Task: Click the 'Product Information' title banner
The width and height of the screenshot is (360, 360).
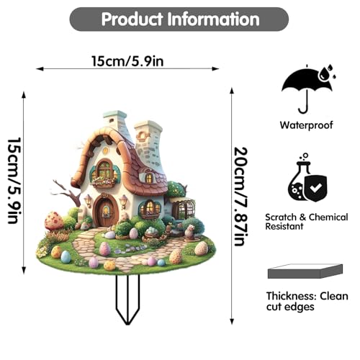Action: [179, 19]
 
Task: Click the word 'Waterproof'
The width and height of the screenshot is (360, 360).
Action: [307, 125]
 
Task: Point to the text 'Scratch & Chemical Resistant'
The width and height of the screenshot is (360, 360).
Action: [307, 222]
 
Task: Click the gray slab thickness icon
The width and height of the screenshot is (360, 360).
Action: [305, 271]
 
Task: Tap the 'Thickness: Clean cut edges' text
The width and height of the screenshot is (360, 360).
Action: [307, 302]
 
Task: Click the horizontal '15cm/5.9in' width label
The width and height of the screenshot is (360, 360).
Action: [127, 61]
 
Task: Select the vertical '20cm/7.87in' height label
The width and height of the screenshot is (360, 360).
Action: [240, 197]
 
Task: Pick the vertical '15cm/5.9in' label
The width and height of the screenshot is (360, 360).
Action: [14, 181]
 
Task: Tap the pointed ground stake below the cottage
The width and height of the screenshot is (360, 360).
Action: [127, 300]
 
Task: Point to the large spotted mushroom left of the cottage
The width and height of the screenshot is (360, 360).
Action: [54, 221]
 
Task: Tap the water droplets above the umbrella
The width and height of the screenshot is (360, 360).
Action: [327, 73]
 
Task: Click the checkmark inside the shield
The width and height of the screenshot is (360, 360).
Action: [315, 188]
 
